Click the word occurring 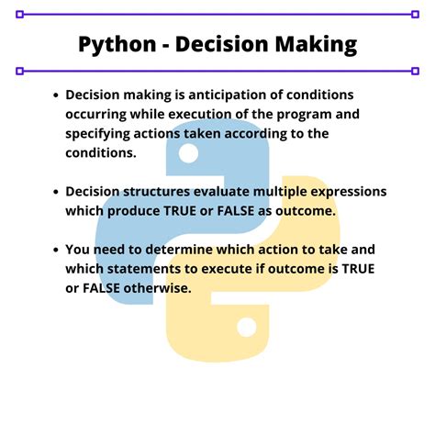(x=100, y=115)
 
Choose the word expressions (x=344, y=192)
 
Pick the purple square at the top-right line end (x=410, y=15)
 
